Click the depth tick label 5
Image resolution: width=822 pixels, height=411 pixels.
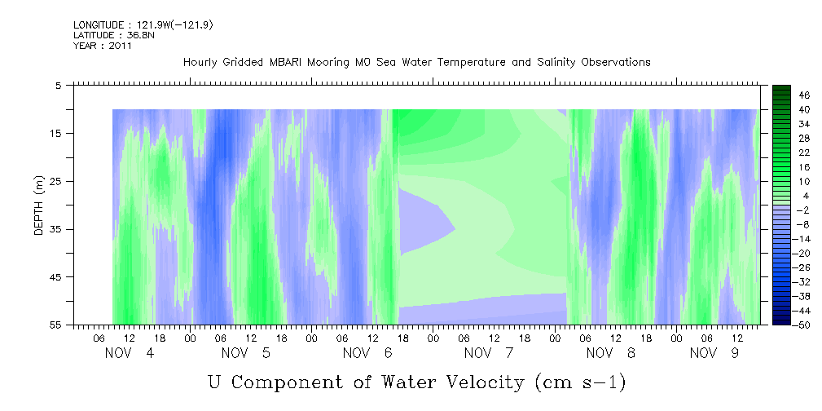tap(59, 85)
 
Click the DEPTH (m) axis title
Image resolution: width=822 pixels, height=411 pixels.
tap(37, 205)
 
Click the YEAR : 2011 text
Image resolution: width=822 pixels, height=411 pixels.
tap(102, 46)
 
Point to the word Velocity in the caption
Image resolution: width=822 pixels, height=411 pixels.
tap(478, 381)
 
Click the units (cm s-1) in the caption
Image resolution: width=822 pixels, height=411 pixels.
tap(580, 381)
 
